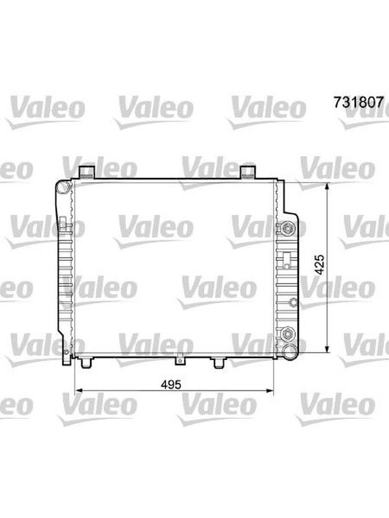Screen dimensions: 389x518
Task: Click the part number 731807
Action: (359, 102)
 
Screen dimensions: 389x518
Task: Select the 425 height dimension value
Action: (320, 264)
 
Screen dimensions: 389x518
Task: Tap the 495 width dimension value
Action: (171, 385)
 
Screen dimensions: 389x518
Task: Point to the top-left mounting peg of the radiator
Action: (87, 172)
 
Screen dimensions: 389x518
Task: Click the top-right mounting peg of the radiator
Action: (248, 172)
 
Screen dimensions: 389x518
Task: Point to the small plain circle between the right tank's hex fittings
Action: (293, 302)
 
